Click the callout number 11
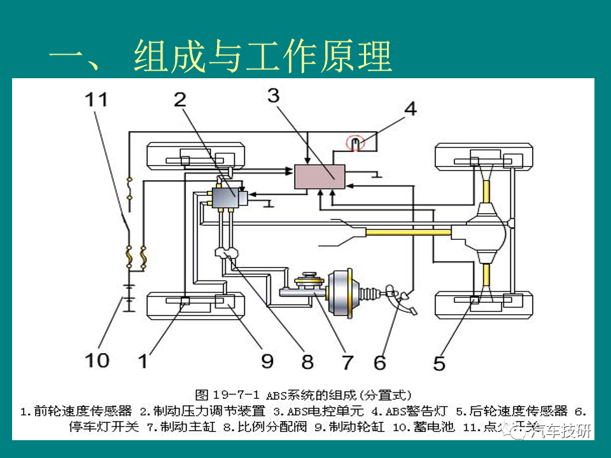(97, 101)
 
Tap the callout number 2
(181, 99)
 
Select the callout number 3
(273, 95)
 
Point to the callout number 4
(411, 109)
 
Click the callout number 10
(98, 361)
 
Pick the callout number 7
(347, 362)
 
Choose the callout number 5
(439, 363)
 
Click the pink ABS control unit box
(319, 176)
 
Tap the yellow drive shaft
(407, 232)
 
